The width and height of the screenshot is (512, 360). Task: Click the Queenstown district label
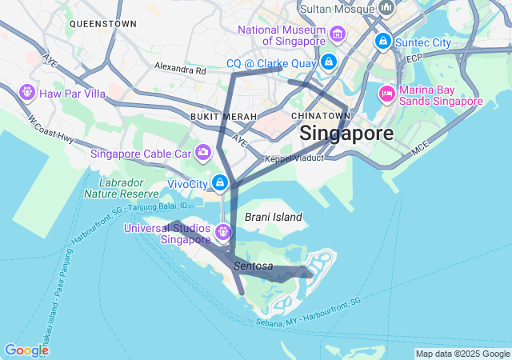click(x=102, y=24)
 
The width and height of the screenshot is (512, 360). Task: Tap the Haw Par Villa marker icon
click(x=28, y=94)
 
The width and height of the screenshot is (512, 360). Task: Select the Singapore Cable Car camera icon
click(x=203, y=151)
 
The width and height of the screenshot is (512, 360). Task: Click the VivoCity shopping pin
click(x=221, y=184)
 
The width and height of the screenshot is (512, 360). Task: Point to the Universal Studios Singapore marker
click(x=222, y=233)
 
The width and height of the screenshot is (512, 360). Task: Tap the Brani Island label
click(x=274, y=217)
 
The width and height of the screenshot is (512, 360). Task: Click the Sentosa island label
click(x=254, y=266)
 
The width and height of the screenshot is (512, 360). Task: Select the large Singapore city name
click(x=346, y=134)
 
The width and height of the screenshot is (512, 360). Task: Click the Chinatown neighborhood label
click(x=321, y=116)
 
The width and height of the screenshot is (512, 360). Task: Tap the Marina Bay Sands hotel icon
click(x=387, y=94)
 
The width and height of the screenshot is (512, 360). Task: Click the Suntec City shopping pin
click(x=383, y=41)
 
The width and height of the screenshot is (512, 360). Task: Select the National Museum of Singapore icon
click(x=338, y=34)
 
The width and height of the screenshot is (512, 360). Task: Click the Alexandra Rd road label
click(x=180, y=69)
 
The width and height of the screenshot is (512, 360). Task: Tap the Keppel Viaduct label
click(x=294, y=158)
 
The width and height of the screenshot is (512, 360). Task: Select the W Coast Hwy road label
click(x=50, y=130)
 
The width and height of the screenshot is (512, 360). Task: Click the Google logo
click(x=26, y=350)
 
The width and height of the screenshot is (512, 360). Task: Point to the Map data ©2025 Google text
click(x=462, y=354)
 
